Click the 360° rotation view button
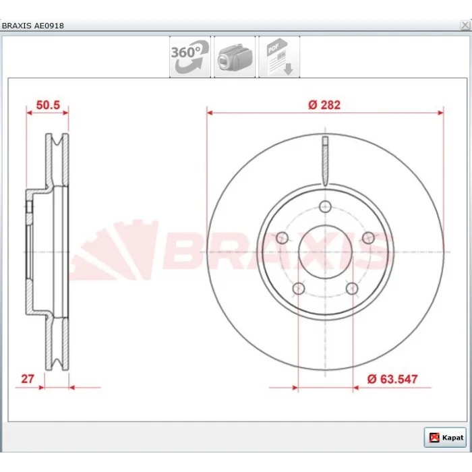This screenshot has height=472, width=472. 190,57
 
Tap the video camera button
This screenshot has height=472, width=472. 235,57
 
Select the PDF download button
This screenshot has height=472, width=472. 279,57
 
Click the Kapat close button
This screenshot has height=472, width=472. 445,437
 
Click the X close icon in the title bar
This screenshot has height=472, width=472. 465,26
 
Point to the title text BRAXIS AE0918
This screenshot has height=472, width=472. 33,26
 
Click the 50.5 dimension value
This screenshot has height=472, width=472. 48,105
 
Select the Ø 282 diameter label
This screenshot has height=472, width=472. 324,105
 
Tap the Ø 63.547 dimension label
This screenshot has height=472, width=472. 392,379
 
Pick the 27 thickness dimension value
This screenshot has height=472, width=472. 28,379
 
